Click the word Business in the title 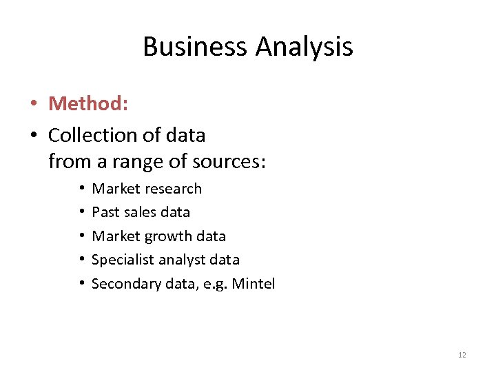(x=196, y=47)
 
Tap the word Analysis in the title (x=304, y=47)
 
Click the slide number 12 (x=462, y=355)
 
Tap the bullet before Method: (x=33, y=104)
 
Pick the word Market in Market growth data (x=115, y=236)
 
